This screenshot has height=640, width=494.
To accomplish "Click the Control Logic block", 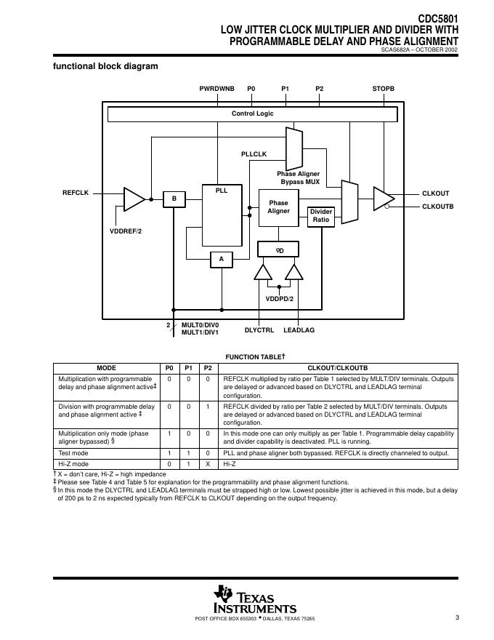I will (252, 114).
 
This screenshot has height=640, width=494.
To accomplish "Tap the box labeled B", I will (174, 199).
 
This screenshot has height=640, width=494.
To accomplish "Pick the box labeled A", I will (222, 259).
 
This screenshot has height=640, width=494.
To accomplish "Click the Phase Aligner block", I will (278, 207).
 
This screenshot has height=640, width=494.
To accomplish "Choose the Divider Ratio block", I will (321, 216).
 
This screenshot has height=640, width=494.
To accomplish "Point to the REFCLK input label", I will (76, 193).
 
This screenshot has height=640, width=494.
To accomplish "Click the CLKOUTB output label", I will (437, 207).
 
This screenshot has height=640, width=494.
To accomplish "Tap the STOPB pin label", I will (383, 88).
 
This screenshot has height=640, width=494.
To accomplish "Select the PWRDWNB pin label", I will (217, 88).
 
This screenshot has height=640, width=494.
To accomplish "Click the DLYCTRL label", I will (259, 330).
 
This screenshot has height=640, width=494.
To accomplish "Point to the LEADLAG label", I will (299, 330).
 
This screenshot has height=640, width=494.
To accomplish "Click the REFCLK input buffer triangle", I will (134, 198).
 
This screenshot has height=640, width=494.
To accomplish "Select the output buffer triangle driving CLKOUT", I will (382, 197).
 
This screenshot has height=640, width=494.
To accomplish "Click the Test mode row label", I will (73, 452).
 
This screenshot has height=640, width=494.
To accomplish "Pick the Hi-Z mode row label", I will (73, 463).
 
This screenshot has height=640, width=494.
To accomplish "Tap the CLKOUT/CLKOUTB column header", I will (339, 368).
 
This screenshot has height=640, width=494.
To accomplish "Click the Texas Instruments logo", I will (254, 601).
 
